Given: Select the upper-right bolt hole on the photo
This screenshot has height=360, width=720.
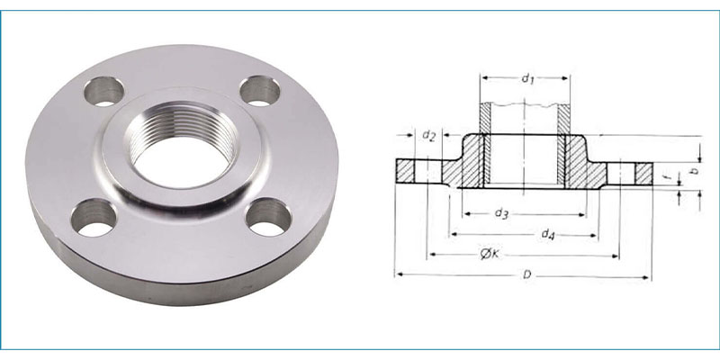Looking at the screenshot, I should click(x=259, y=91).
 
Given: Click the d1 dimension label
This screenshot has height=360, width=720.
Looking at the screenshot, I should click(x=527, y=79).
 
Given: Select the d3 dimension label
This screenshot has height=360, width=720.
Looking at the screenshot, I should click(x=502, y=213).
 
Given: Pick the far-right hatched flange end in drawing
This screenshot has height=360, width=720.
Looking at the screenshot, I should click(x=643, y=169).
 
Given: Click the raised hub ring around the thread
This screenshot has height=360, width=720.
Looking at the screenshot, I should click(x=121, y=153).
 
